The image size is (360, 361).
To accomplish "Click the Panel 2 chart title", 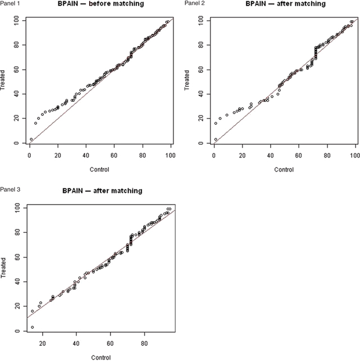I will point(285,4).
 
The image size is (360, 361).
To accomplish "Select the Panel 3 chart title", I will point(102,191).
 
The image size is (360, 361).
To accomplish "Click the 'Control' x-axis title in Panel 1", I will point(101,169).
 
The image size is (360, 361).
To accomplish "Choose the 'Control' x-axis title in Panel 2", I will point(286,169).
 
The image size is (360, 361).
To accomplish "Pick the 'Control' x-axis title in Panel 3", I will point(101,357).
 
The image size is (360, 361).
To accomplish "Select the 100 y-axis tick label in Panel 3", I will point(17,207).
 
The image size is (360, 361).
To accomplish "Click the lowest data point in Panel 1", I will point(31,139).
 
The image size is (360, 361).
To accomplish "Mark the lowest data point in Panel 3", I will point(32,327).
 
